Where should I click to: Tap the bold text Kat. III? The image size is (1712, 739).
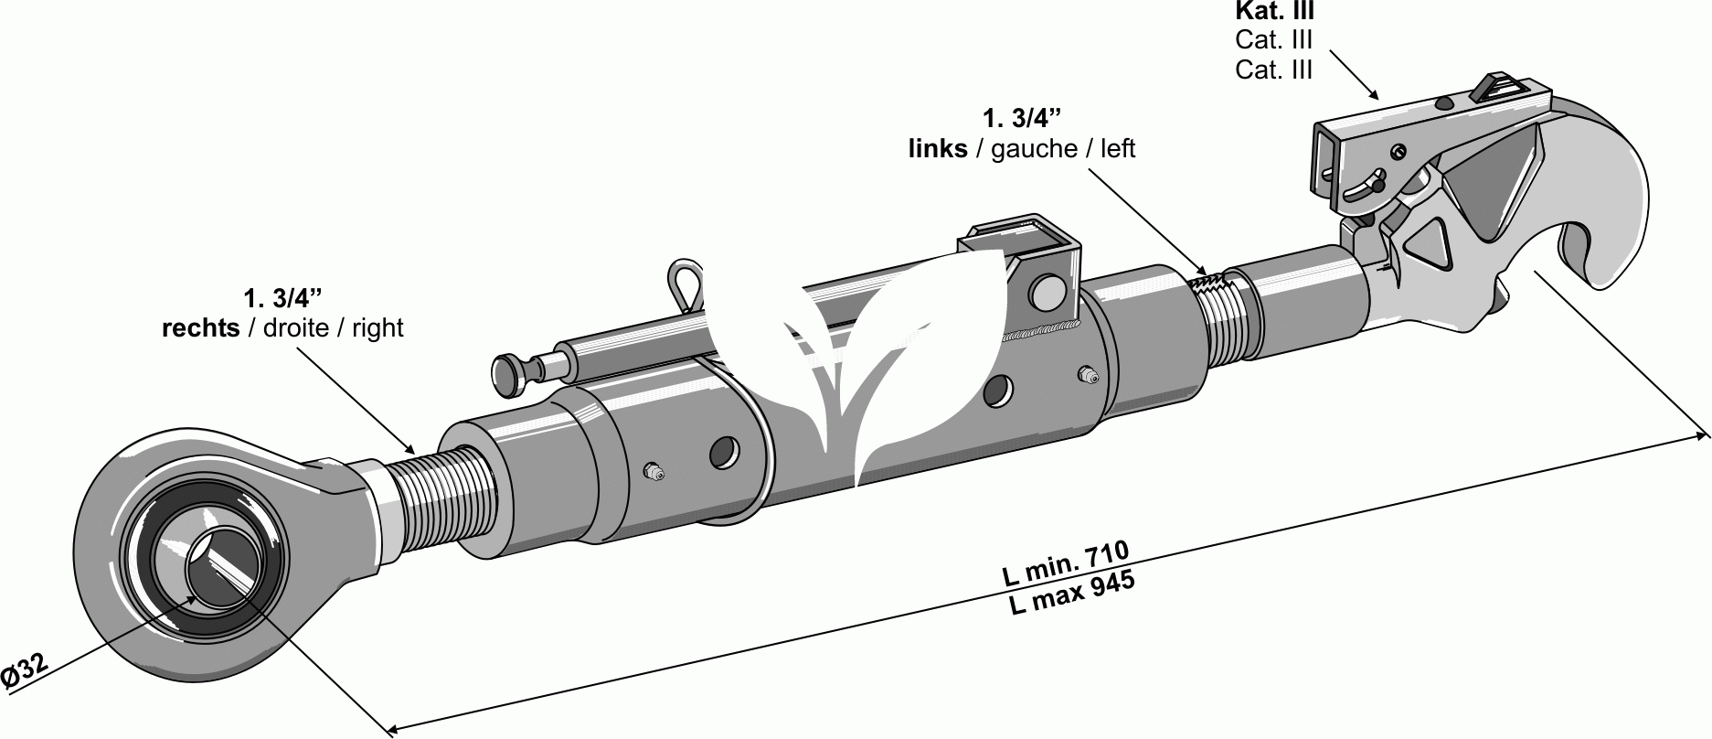tap(1274, 12)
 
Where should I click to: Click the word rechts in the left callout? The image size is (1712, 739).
tap(200, 328)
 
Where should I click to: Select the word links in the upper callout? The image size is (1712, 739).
tap(937, 149)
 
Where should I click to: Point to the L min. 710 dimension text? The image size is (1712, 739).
tap(1066, 564)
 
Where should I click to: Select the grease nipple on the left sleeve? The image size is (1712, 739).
tap(653, 471)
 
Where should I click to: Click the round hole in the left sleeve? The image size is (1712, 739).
tap(724, 452)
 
